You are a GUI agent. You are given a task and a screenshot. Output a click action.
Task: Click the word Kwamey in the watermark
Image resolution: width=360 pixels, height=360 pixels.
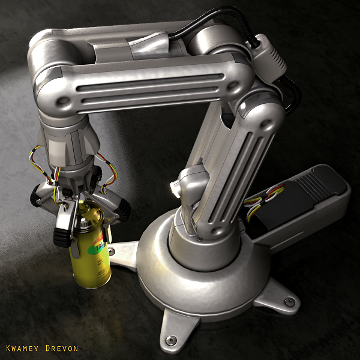pos(23,348)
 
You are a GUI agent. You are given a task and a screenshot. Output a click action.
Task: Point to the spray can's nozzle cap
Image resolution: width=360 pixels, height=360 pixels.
pos(87,211)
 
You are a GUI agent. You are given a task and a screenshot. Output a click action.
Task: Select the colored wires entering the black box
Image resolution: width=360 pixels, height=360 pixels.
pos(266,198)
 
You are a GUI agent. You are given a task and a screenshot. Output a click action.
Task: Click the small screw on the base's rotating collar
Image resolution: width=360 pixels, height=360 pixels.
pos(197,239)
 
